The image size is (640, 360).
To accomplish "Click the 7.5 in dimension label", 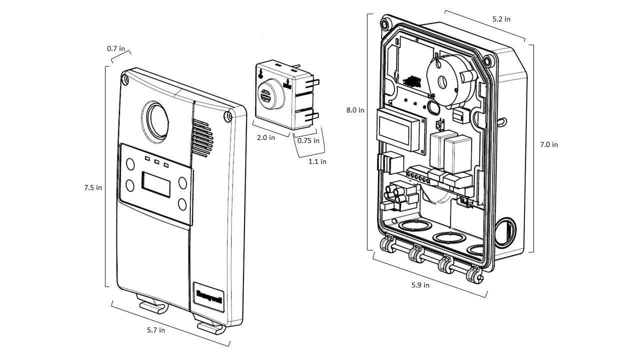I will coord(92,188).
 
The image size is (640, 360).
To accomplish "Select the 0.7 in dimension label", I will coord(115,49).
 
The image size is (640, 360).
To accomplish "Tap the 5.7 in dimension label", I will coord(156,330).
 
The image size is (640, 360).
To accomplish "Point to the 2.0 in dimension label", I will coord(265,137).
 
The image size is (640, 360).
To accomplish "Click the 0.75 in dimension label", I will coord(308,140).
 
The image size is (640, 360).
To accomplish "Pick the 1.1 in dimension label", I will coord(317,161).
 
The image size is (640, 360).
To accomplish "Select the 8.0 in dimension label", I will coord(355,110).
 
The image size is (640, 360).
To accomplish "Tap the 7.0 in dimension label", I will coord(548,144).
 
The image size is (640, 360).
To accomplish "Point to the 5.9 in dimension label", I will coord(420,285).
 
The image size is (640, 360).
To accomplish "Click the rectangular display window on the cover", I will coord(156,182).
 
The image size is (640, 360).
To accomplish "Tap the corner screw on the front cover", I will coord(228,116).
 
